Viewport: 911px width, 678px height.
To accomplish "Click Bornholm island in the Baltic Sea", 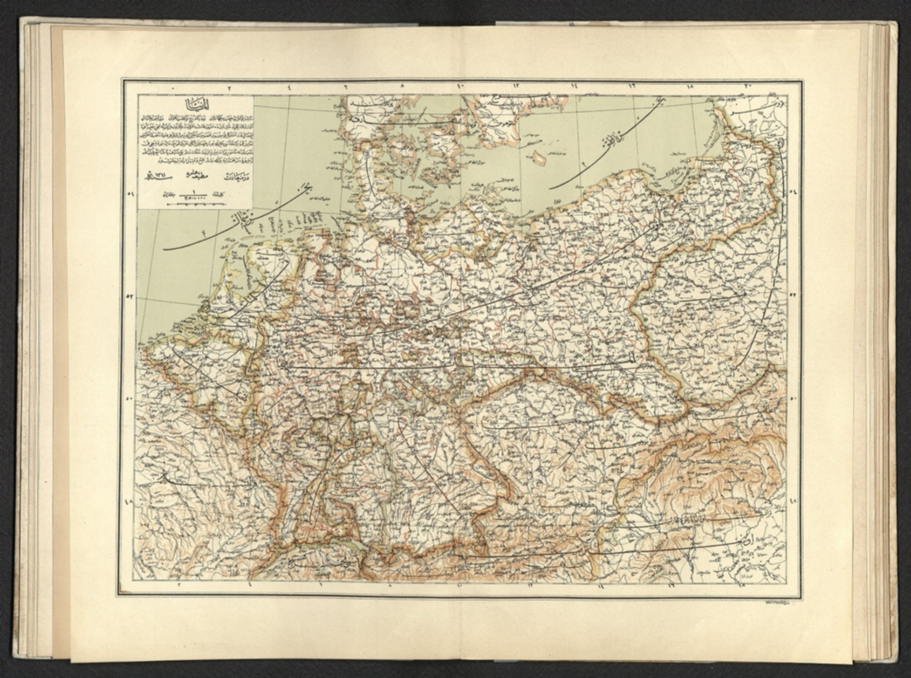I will coord(539,159).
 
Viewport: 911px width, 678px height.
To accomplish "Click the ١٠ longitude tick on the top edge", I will coord(460,87).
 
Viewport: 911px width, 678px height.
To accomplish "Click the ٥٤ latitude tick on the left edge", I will coord(130,193).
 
